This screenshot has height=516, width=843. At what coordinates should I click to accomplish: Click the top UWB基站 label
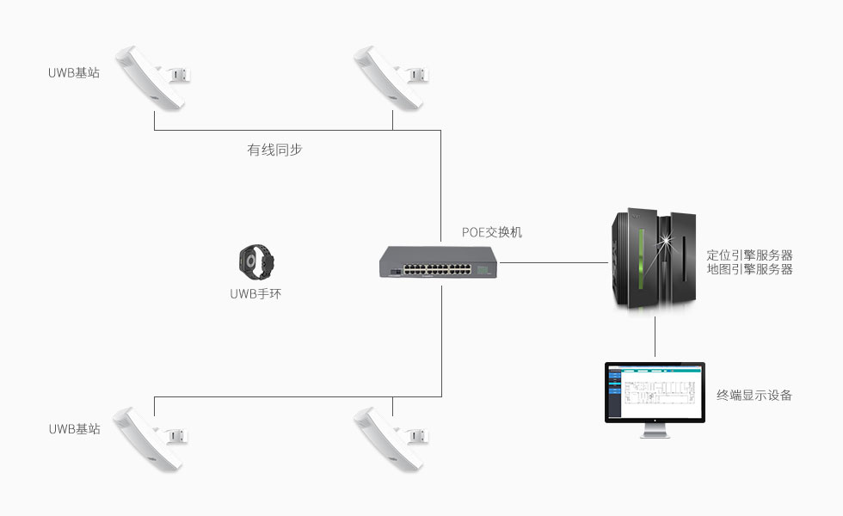click(x=74, y=73)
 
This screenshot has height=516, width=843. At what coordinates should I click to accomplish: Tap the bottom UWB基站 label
click(x=74, y=428)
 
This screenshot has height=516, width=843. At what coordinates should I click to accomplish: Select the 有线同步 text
click(x=274, y=150)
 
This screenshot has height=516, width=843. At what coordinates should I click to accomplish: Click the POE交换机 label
click(x=492, y=232)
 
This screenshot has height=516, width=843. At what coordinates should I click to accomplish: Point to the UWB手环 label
click(x=255, y=293)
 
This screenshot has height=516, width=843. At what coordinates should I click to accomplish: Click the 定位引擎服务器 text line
click(x=749, y=255)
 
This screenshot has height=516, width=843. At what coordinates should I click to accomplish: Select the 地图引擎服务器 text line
click(x=749, y=269)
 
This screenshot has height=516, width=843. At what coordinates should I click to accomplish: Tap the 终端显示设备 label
click(x=754, y=396)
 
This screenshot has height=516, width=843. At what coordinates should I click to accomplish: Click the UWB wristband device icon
click(x=255, y=261)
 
